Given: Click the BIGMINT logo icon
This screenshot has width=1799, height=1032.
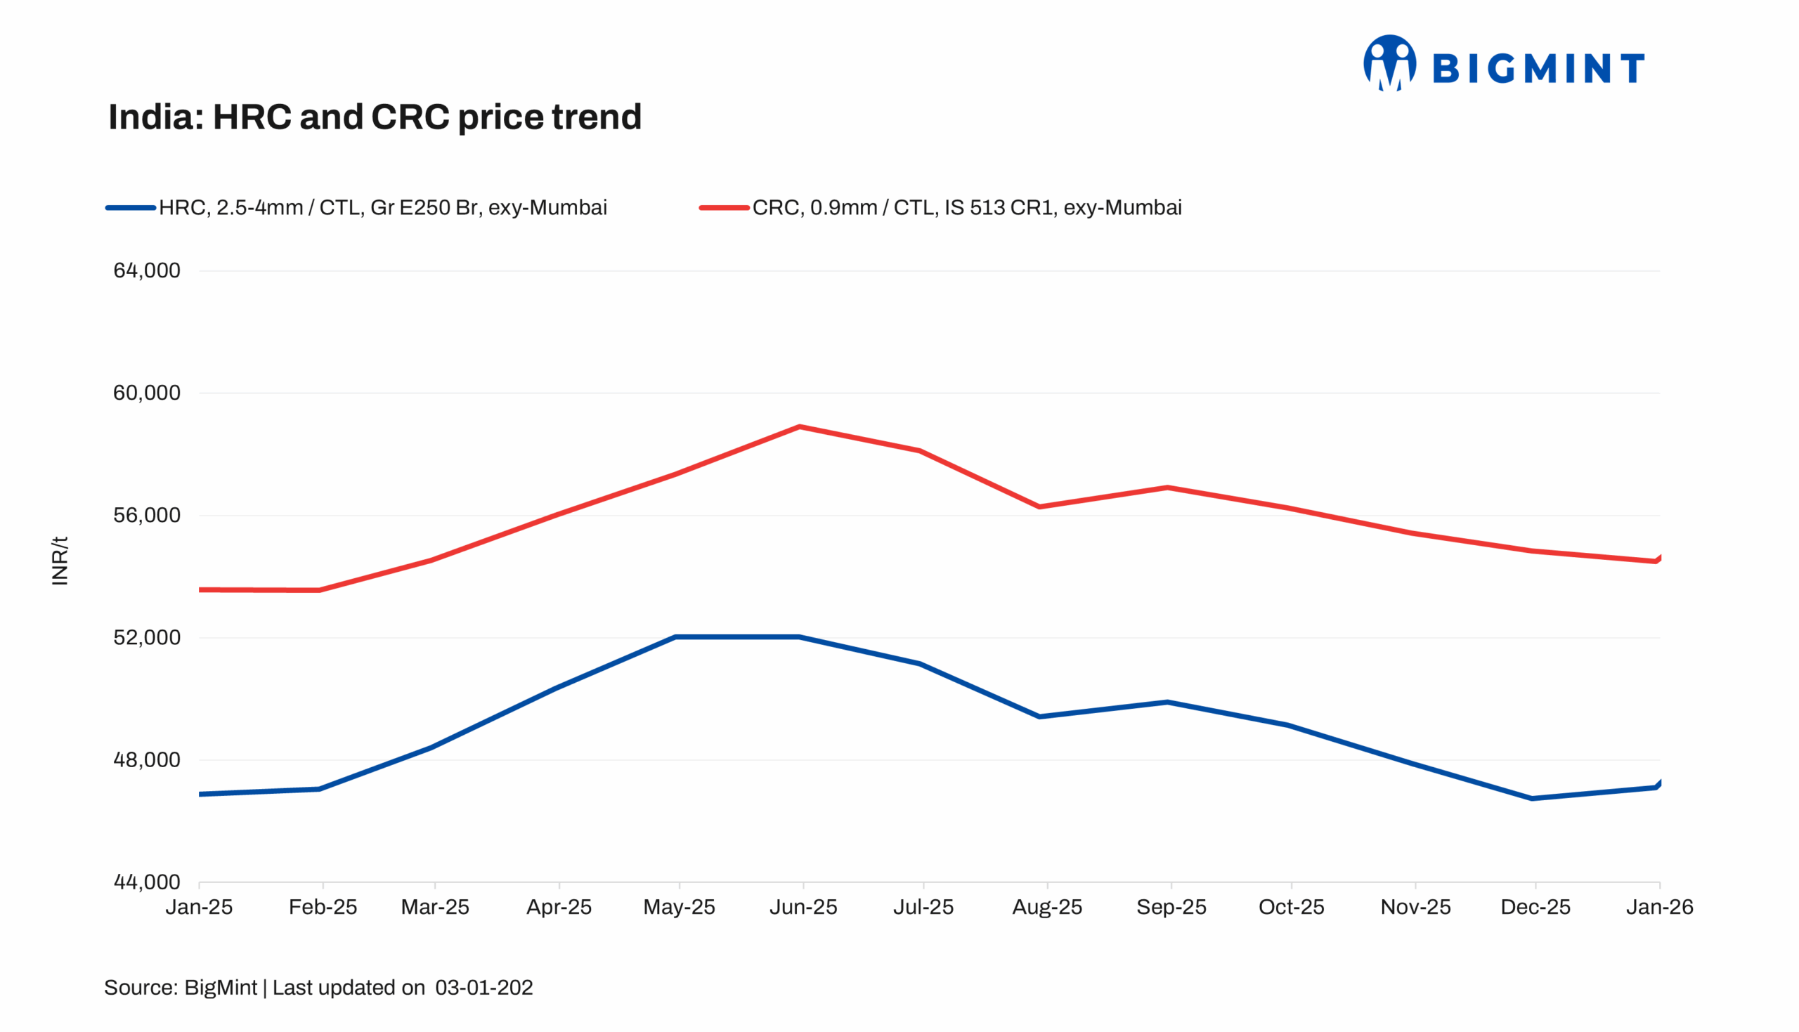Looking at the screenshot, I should (1389, 64).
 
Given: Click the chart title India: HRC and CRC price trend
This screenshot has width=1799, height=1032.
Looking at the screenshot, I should (375, 117).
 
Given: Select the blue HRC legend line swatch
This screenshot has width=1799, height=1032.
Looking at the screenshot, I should (131, 208).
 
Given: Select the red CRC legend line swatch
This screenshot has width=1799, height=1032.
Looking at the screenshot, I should (724, 208).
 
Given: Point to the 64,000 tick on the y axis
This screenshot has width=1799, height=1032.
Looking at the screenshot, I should (147, 270).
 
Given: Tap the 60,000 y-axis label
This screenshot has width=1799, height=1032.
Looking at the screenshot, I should (147, 393).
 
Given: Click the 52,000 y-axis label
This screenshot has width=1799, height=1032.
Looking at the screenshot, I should (147, 637).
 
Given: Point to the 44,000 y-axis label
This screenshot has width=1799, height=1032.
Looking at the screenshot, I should (147, 882).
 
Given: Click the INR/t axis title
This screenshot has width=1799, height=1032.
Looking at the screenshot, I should (60, 561).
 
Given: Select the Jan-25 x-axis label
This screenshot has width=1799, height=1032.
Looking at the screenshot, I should (199, 907).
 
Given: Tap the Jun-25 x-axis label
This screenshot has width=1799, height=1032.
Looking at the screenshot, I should (803, 907).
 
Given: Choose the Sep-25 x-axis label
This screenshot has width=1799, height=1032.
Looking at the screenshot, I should (1171, 907).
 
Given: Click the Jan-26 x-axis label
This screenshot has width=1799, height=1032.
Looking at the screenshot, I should (1658, 907).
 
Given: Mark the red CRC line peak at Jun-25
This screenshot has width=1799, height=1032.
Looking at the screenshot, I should (800, 426).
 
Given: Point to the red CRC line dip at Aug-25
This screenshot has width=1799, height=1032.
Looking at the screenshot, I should (1039, 507).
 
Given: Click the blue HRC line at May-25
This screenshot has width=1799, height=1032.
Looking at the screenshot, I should (676, 637).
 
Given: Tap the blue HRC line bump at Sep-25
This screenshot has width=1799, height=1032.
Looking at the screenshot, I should (1167, 703).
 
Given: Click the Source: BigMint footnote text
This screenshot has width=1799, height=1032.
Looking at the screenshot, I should (180, 987).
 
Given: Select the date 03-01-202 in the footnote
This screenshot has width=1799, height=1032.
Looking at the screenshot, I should (483, 987).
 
